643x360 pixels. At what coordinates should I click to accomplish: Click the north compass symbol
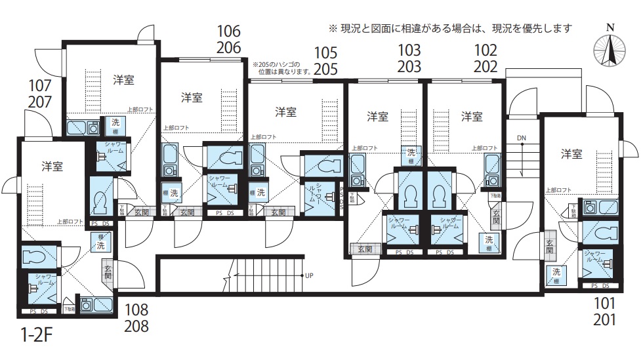pos(610,50)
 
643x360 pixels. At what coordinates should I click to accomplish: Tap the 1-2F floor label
pos(36,338)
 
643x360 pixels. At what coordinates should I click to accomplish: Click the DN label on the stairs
pos(522,138)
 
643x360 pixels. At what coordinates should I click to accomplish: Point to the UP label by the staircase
pos(310,275)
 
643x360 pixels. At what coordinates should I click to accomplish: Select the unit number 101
pos(605,304)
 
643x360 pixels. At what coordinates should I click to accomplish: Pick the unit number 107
pos(41,85)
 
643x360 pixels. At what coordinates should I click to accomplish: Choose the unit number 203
pos(409,66)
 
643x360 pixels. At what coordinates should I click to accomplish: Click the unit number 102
pos(486,50)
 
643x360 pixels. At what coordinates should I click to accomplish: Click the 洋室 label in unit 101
pos(571,154)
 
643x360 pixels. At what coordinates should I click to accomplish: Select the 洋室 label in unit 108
pos(52,166)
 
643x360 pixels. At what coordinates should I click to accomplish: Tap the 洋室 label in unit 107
pos(123,81)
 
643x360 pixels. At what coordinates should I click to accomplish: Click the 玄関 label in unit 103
pos(365,249)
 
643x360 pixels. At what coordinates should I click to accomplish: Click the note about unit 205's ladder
pos(282,68)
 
